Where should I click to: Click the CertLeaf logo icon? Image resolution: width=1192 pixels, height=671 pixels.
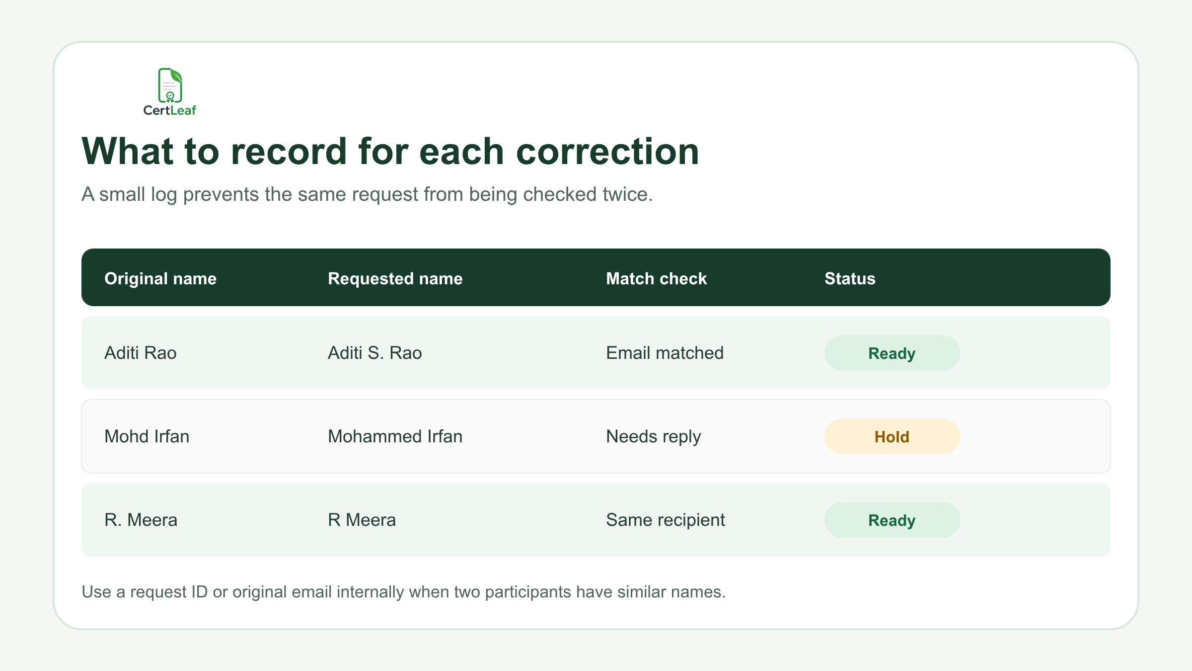[x=170, y=85]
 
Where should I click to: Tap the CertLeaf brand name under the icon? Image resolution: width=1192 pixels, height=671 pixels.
[x=170, y=110]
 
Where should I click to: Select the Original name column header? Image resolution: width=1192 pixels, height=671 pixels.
[x=160, y=278]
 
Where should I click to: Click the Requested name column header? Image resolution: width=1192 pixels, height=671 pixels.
[x=395, y=278]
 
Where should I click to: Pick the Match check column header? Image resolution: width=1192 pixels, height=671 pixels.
[x=656, y=278]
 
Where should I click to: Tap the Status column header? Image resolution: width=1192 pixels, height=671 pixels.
[x=850, y=278]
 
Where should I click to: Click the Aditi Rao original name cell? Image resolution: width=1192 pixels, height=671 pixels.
[x=141, y=353]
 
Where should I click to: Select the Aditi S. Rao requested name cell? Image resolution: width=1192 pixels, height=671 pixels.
[x=375, y=353]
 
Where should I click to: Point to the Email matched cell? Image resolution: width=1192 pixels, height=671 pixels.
[x=665, y=353]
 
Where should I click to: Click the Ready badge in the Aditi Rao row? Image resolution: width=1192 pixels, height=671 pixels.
[x=892, y=353]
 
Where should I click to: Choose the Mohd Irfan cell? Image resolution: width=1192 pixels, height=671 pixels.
[x=147, y=436]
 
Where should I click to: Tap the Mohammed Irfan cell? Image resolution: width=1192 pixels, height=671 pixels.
[x=395, y=436]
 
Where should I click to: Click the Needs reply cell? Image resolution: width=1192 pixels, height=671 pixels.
[x=654, y=437]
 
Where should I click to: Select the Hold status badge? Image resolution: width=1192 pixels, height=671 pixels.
[x=892, y=436]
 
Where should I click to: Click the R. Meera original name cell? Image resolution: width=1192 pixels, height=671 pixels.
[x=141, y=520]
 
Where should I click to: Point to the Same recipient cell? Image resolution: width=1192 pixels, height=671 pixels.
[x=666, y=520]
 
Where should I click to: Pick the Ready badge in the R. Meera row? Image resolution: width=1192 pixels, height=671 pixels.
[x=892, y=520]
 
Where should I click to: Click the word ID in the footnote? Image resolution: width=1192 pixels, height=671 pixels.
[x=199, y=592]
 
